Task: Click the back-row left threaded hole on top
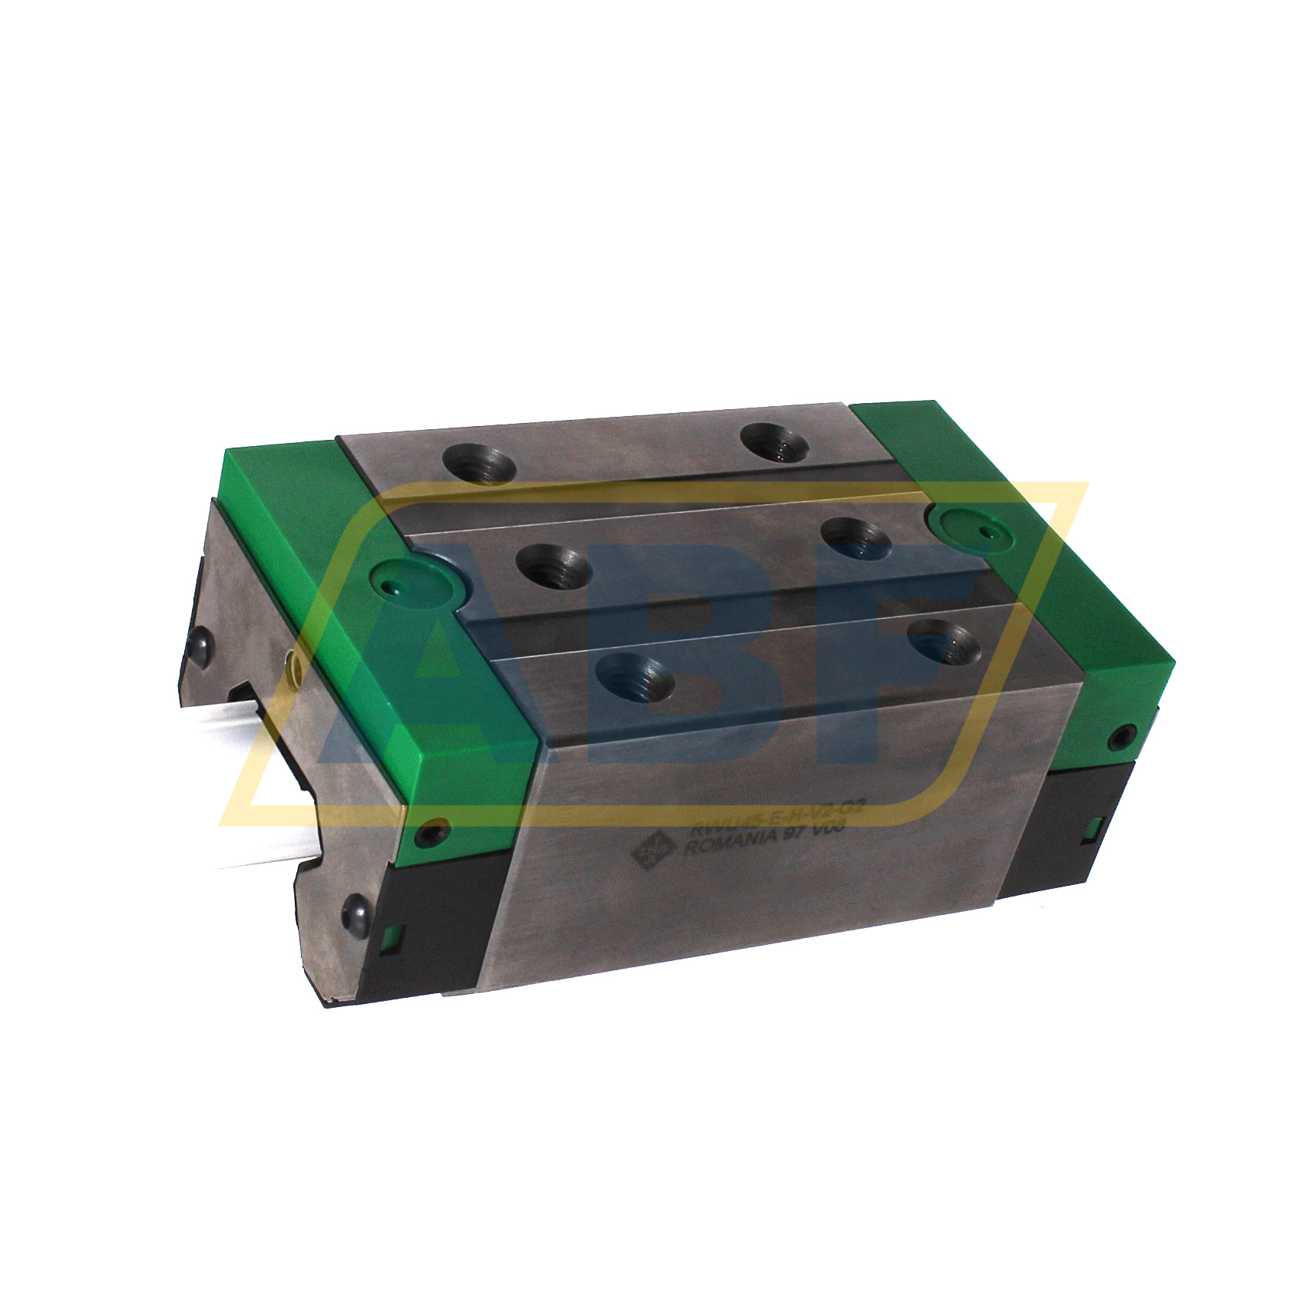[x=479, y=464]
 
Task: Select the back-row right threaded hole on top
[x=774, y=443]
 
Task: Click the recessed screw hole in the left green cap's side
[x=437, y=831]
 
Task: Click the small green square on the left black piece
[x=391, y=936]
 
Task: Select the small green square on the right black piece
[x=1095, y=827]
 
